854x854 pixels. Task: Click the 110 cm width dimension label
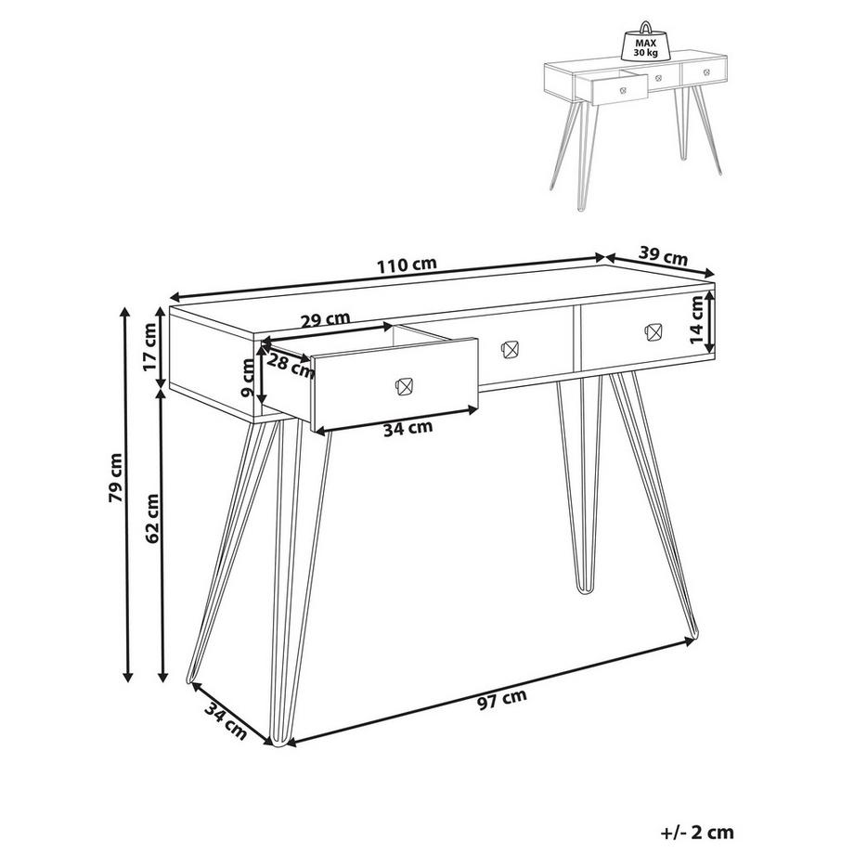[x=407, y=265]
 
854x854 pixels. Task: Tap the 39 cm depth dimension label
[x=663, y=256]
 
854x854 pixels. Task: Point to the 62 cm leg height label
[x=151, y=518]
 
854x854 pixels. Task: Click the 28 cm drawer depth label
[x=291, y=365]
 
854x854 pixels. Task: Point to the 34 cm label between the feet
[x=226, y=720]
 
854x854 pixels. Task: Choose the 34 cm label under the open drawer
[x=408, y=429]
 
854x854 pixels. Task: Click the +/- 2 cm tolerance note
[x=698, y=833]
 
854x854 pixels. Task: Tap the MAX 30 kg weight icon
[x=645, y=44]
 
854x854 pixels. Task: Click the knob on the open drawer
[x=404, y=387]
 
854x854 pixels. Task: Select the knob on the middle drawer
[x=510, y=350]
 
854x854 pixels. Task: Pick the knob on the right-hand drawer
[x=653, y=331]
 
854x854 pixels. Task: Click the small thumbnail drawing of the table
[x=636, y=116]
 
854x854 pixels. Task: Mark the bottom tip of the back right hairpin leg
[x=584, y=592]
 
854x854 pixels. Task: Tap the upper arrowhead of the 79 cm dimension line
[x=126, y=312]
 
